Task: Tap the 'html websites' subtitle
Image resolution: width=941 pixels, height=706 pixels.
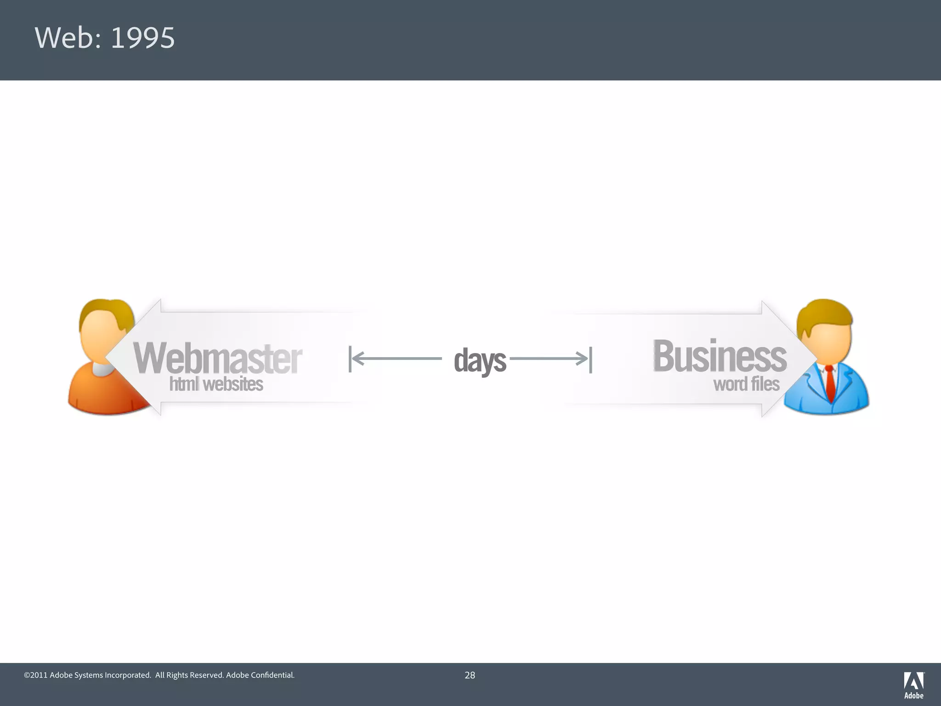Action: tap(216, 384)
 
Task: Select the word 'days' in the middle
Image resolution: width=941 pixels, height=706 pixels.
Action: tap(480, 360)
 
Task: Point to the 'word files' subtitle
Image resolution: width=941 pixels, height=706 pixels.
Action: tap(746, 384)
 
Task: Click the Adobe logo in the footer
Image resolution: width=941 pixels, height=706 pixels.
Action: tap(913, 684)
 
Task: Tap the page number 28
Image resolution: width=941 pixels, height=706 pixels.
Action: tap(470, 675)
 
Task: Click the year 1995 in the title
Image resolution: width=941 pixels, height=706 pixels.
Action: tap(142, 38)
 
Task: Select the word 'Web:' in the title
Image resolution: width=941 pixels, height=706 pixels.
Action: tap(68, 38)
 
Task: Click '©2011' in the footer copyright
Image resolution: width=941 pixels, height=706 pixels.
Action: tap(36, 675)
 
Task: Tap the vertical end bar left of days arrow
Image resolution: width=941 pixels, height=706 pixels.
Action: tap(350, 359)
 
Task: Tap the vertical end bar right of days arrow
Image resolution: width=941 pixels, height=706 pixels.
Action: tap(590, 360)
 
